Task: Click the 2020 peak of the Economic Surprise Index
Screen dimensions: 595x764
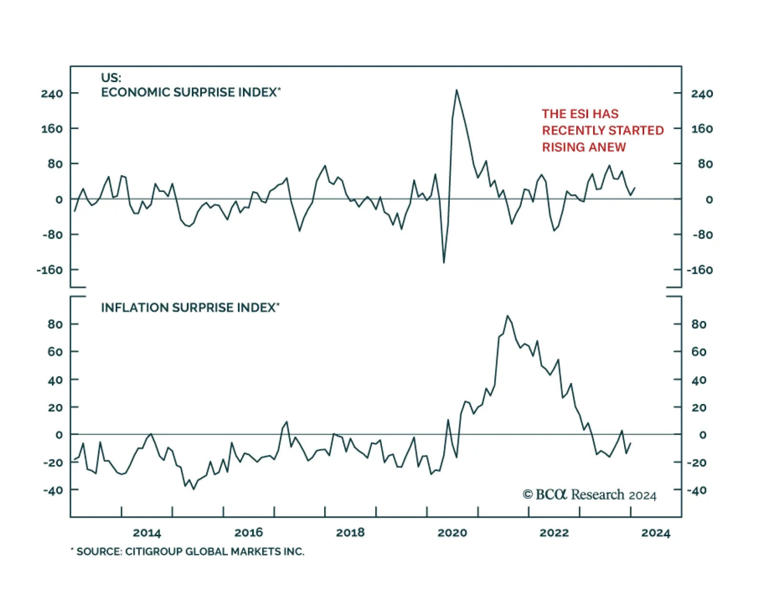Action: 456,90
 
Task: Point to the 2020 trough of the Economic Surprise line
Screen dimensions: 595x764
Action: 444,263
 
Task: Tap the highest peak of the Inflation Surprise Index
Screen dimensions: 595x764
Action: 507,316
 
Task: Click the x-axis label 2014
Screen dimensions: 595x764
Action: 147,533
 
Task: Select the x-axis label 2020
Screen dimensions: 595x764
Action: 452,533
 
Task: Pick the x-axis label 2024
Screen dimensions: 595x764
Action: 656,533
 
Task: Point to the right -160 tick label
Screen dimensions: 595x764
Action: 700,270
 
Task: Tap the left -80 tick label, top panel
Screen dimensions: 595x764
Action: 53,235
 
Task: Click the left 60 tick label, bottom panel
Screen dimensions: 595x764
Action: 55,352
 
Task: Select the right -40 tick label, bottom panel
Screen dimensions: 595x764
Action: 697,490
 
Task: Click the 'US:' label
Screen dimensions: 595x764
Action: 111,78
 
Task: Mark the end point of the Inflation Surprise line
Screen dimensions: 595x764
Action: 631,443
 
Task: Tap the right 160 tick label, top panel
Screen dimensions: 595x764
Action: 702,129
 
